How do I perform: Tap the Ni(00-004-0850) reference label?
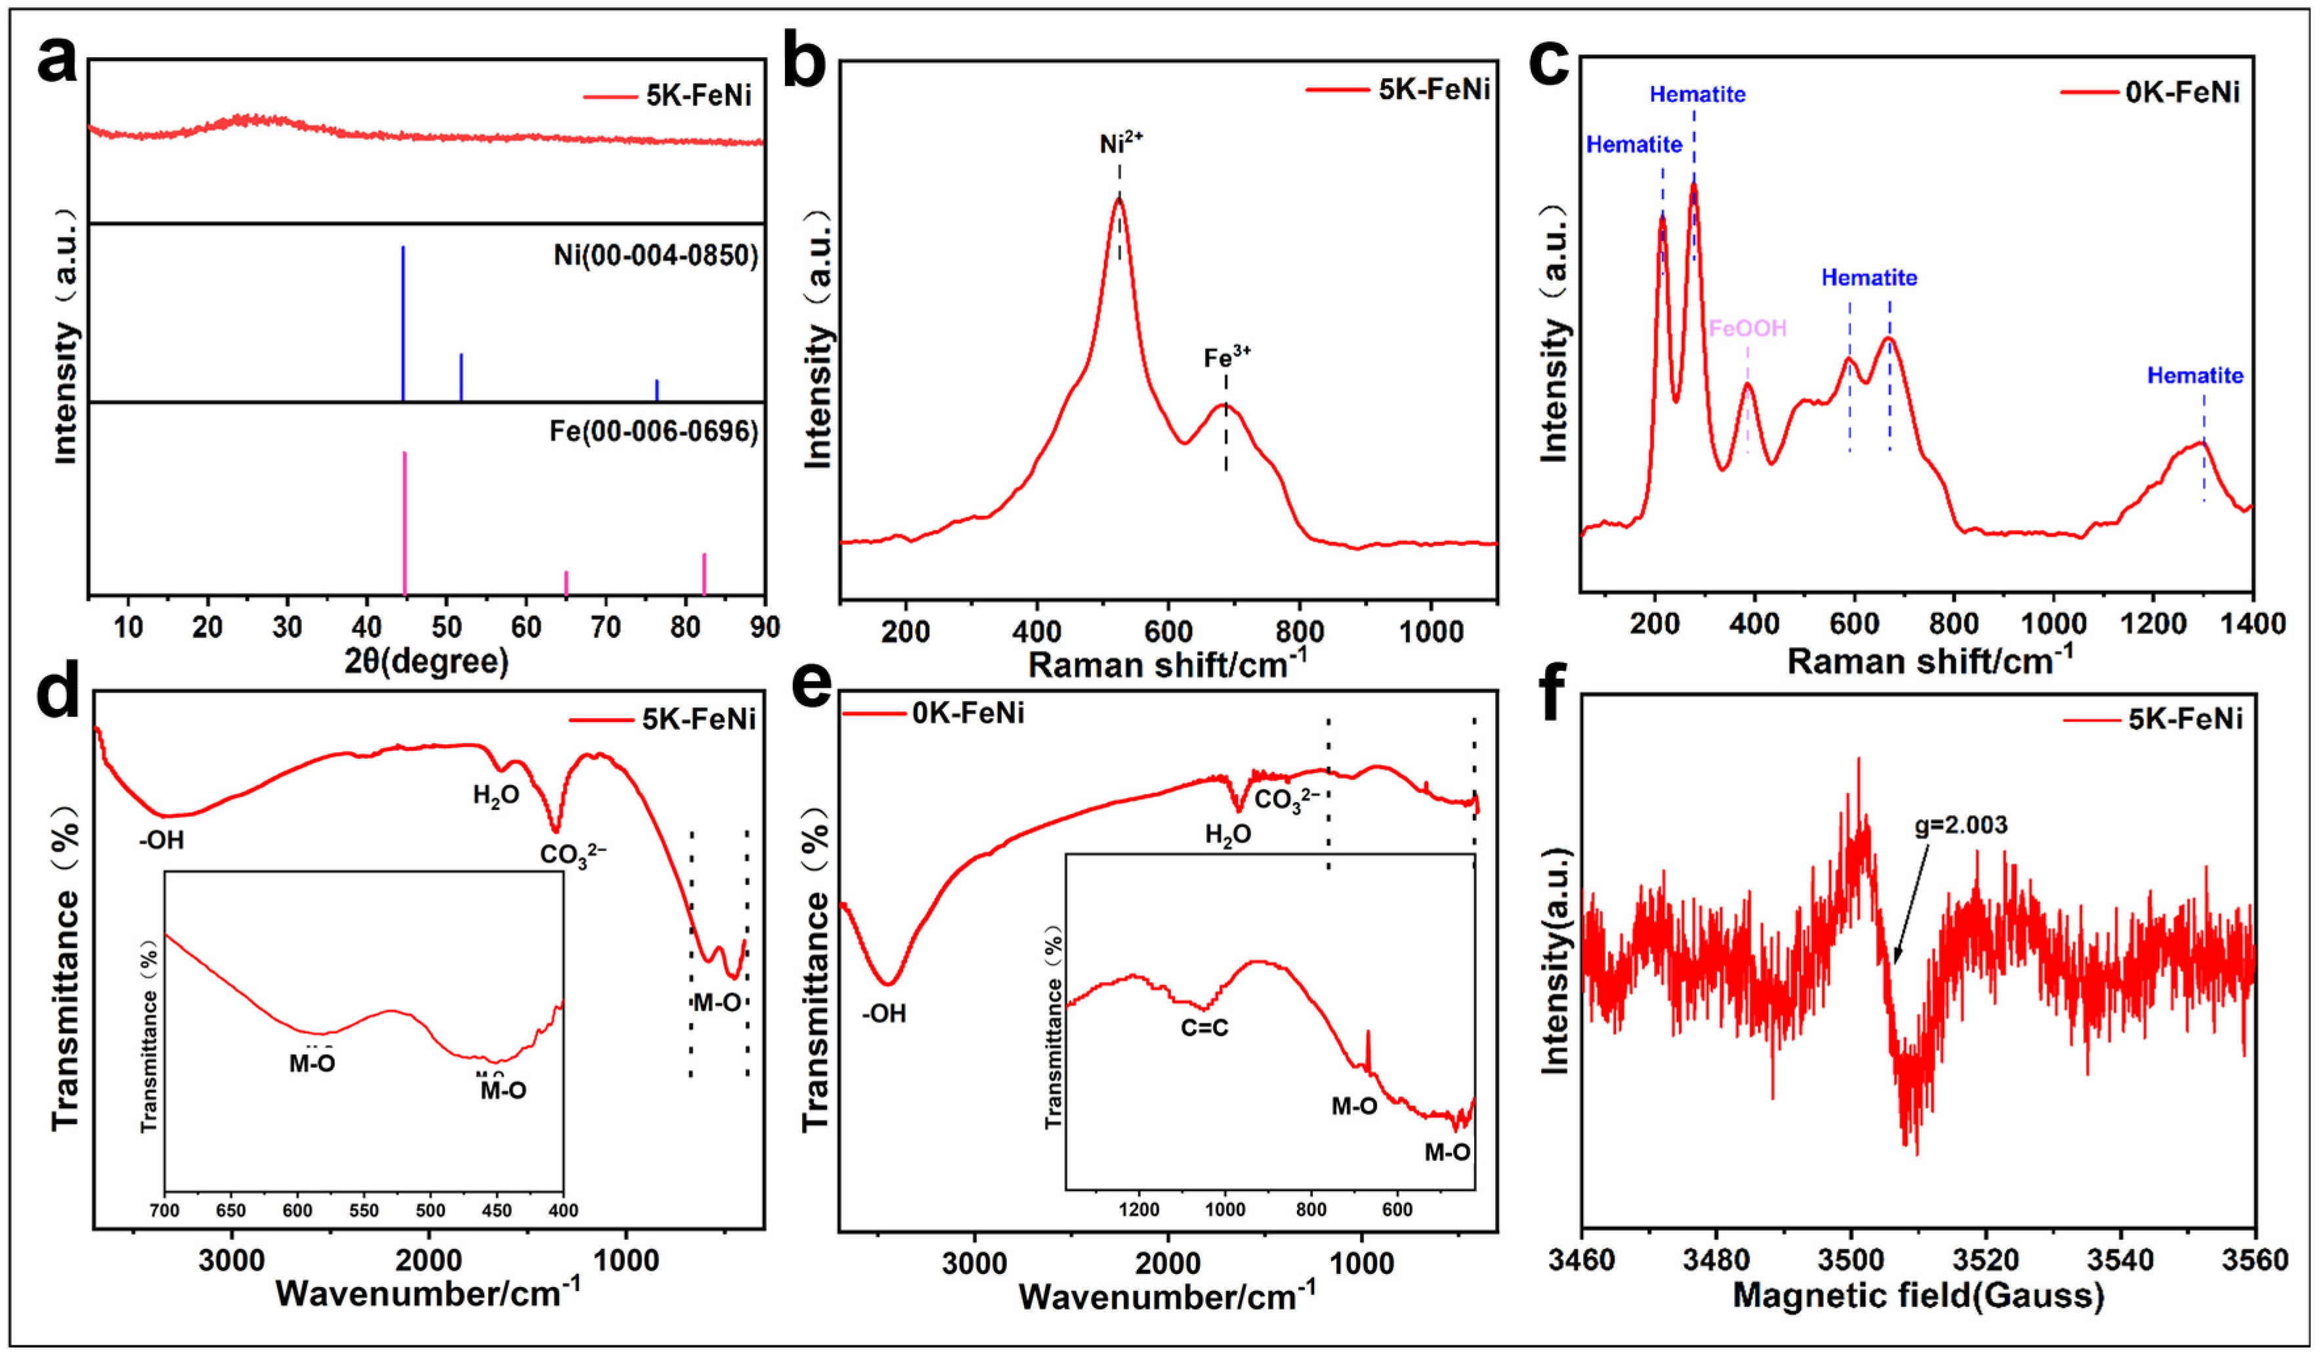pyautogui.click(x=655, y=255)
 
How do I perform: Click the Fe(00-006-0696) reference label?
pyautogui.click(x=653, y=431)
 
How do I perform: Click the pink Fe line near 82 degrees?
pyautogui.click(x=704, y=573)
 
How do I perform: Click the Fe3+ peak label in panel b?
pyautogui.click(x=1227, y=356)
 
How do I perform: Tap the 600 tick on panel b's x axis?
pyautogui.click(x=1168, y=632)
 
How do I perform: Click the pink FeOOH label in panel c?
pyautogui.click(x=1747, y=328)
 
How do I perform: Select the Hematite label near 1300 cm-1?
pyautogui.click(x=2195, y=376)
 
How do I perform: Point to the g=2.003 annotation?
pyautogui.click(x=1961, y=824)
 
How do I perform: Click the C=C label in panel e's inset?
pyautogui.click(x=1204, y=1027)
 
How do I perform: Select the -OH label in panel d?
pyautogui.click(x=162, y=840)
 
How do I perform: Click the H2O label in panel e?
pyautogui.click(x=1227, y=836)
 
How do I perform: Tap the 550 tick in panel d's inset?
pyautogui.click(x=364, y=1210)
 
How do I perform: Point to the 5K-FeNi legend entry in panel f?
pyautogui.click(x=2184, y=719)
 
